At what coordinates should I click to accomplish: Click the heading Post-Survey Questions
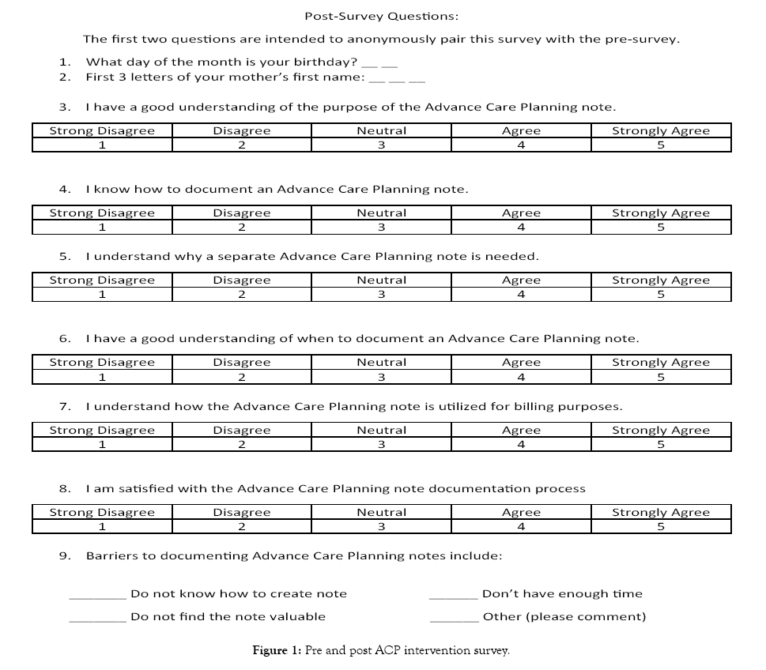(x=381, y=16)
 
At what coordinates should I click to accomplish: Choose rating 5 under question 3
(x=661, y=145)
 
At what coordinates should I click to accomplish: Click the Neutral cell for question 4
(x=381, y=213)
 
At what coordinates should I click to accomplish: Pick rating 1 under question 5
(x=102, y=295)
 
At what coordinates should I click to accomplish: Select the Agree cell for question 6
(x=521, y=363)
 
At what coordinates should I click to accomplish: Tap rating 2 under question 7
(x=242, y=445)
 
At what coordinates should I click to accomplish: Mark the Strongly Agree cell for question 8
(x=661, y=513)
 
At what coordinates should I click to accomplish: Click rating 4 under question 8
(x=521, y=527)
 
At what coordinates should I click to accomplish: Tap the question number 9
(x=64, y=556)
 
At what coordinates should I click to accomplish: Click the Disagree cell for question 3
(x=242, y=131)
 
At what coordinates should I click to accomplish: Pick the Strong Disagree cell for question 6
(x=102, y=363)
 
